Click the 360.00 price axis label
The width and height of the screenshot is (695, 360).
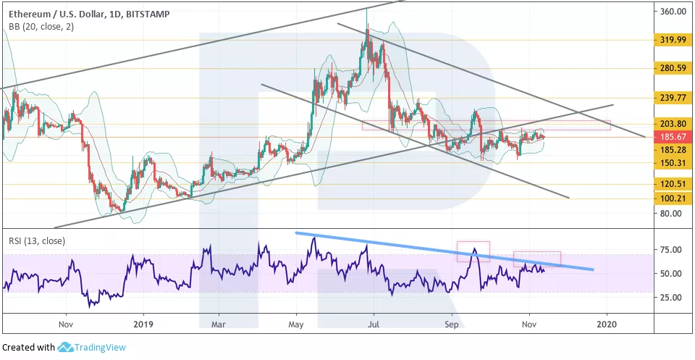[673, 12]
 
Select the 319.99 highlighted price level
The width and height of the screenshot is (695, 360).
[673, 40]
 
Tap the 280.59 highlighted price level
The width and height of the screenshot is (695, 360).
[673, 68]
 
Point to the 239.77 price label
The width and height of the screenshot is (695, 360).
[673, 98]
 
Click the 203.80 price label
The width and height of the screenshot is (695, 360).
[673, 123]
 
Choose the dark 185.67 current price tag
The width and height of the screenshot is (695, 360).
[673, 136]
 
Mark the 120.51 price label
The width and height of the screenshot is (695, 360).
[673, 184]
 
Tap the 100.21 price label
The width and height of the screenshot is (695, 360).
[673, 198]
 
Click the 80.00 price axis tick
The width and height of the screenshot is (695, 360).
[671, 214]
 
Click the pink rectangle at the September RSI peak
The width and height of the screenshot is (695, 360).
[473, 251]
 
